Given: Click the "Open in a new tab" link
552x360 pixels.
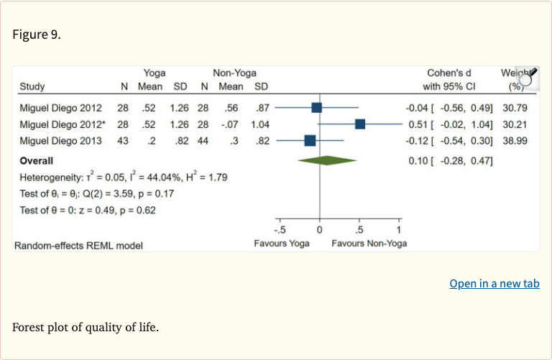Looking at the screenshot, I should [494, 284].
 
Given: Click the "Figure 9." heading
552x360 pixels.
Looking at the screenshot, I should [37, 34].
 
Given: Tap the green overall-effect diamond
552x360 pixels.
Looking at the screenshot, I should [327, 160].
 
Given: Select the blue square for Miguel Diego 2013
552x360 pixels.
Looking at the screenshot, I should [310, 141].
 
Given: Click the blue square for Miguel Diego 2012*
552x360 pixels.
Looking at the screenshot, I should [360, 124].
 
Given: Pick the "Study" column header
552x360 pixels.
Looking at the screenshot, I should [32, 87].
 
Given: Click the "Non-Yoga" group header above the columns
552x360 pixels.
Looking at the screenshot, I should [234, 73].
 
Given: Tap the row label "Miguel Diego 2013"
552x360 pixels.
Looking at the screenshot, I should [60, 141].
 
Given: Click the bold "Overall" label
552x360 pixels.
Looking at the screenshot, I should [37, 160].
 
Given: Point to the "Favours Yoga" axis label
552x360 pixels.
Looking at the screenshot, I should [282, 243].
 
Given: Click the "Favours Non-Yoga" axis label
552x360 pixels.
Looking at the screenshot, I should [369, 243].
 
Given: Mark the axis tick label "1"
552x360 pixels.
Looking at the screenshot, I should [399, 231].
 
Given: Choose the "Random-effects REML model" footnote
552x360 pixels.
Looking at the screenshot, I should [78, 245].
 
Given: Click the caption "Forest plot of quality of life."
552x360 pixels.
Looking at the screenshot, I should [85, 328].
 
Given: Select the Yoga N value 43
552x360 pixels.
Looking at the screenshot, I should [123, 141].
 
